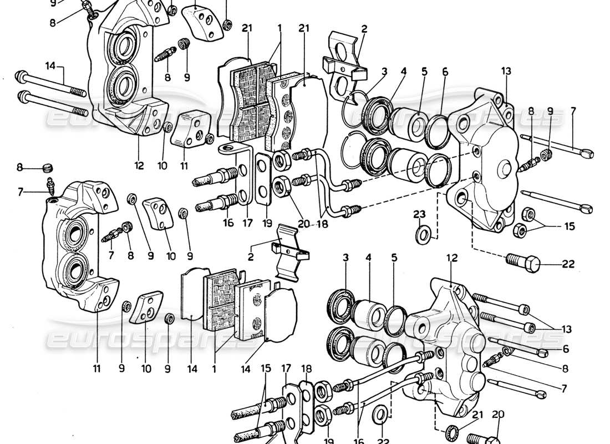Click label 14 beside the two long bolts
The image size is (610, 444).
tap(50, 65)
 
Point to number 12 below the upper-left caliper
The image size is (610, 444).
tap(139, 165)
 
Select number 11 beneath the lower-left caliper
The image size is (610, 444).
tap(97, 368)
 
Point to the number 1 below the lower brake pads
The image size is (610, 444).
tap(214, 369)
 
